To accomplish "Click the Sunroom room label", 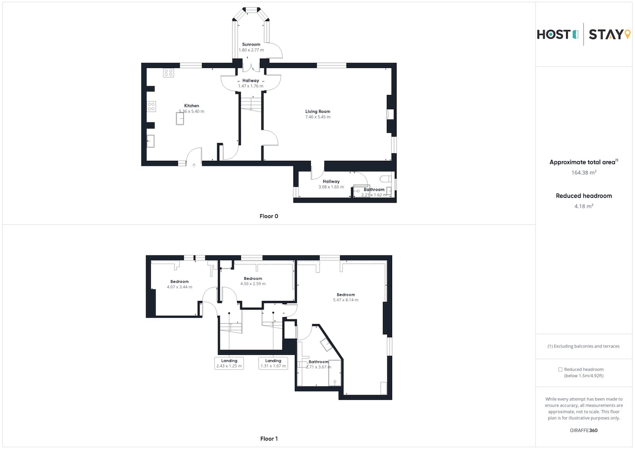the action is point(251,44).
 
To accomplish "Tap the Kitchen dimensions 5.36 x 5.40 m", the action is point(192,112).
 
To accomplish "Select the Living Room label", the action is point(317,112).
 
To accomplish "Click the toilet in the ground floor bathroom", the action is point(386,179).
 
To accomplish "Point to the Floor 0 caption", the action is point(269,216).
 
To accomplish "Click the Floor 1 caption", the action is point(269,438).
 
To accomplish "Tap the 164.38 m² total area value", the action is point(584,172).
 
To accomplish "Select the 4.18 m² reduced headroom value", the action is point(584,206).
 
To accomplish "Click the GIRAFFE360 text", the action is point(584,430).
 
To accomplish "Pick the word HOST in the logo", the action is point(554,34).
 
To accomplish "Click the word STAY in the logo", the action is point(606,34).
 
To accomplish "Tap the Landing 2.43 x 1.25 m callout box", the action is point(229,363).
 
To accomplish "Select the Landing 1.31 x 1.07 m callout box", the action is point(273,363).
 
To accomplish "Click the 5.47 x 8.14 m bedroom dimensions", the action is point(346,300).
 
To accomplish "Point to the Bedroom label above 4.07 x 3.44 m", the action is point(179,281).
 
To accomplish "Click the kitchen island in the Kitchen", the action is point(180,118).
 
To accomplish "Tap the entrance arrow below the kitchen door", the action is point(194,166).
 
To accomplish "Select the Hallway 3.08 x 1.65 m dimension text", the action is point(331,187).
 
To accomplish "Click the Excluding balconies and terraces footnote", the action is point(583,346).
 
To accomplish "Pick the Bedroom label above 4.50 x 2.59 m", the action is point(253,279).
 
